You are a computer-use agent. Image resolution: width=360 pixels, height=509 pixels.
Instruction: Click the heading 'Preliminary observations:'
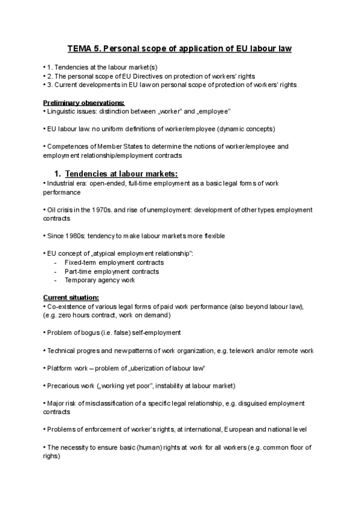(x=76, y=103)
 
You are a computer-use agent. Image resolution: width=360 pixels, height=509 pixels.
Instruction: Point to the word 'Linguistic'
(x=62, y=112)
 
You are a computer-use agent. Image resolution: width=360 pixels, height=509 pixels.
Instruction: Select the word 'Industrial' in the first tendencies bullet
(x=61, y=182)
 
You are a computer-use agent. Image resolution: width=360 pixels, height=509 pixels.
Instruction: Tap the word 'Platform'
(x=58, y=368)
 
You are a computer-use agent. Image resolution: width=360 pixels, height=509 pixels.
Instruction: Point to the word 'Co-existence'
(x=64, y=307)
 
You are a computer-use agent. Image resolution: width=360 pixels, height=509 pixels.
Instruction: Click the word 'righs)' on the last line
(x=52, y=456)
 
